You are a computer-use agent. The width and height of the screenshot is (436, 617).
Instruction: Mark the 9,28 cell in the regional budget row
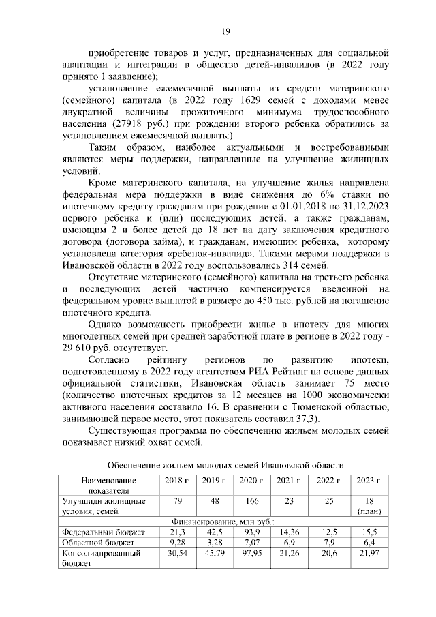pos(178,542)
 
